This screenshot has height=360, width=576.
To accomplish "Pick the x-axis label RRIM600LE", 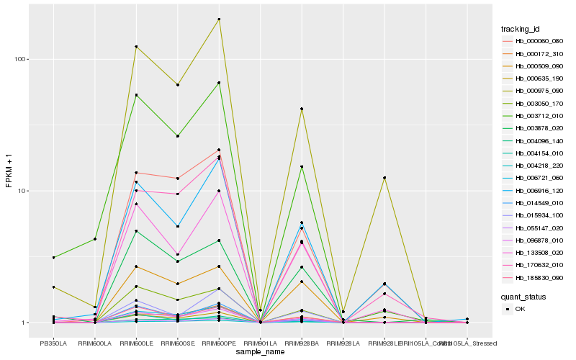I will coord(136,343).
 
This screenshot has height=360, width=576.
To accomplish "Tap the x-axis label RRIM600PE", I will coord(219,343).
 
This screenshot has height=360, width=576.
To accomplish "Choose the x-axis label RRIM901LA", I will coord(260,343).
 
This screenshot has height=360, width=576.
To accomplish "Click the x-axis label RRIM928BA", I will coord(302,343).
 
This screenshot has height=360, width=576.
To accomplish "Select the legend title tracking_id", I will coord(521,29).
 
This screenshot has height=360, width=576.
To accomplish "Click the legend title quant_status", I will coord(523,296).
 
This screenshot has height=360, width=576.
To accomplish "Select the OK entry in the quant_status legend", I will coord(521,309).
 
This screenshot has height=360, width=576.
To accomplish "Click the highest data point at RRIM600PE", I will coord(219,19).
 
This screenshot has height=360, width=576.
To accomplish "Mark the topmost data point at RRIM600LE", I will coord(136,47).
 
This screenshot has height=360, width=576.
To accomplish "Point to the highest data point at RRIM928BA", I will coord(302,109).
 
